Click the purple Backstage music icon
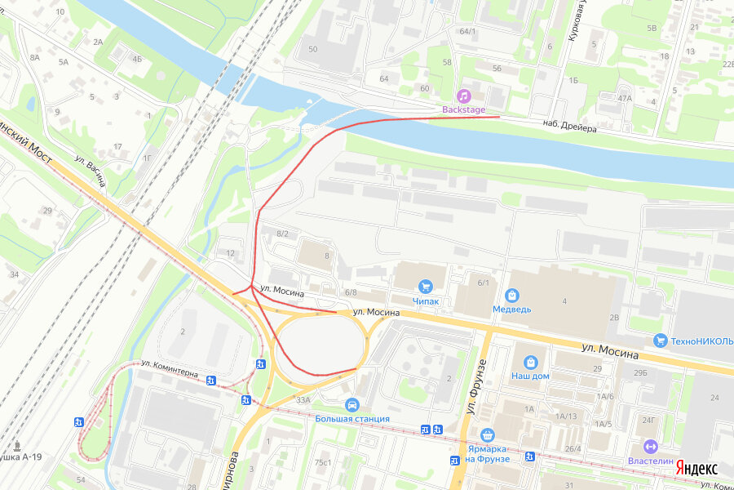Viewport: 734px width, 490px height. click(463, 96)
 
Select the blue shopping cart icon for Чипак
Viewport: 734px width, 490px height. click(425, 286)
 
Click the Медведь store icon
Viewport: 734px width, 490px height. click(512, 295)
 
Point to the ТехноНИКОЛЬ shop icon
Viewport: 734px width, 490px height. click(660, 341)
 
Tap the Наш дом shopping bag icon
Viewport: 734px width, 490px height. click(530, 362)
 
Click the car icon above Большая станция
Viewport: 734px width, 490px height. click(352, 404)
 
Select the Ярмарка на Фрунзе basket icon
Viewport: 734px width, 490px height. click(488, 434)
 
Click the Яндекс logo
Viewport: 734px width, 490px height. click(698, 469)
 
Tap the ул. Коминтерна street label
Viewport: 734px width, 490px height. click(170, 368)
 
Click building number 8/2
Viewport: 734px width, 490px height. click(283, 234)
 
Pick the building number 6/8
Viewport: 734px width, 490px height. click(351, 292)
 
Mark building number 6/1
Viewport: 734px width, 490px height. click(484, 283)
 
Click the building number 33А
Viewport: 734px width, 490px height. click(303, 399)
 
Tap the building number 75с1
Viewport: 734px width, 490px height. click(323, 462)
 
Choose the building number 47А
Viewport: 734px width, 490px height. click(625, 98)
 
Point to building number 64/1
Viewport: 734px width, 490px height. click(467, 31)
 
